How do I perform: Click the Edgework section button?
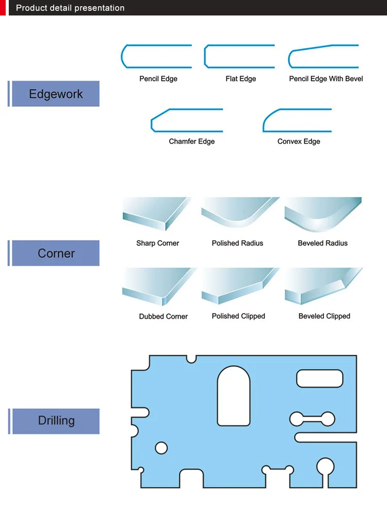coord(55,94)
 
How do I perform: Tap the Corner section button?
coord(55,253)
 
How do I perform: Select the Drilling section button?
coord(55,420)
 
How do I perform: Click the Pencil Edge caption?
coord(158,79)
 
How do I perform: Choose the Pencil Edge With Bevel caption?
coord(326,79)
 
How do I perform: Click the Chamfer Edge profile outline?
coord(186,120)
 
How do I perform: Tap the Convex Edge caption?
coord(298,141)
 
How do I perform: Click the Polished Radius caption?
coord(237,243)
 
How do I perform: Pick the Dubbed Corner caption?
coord(163,316)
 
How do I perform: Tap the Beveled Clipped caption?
coord(324,316)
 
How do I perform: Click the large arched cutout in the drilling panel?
coord(233,396)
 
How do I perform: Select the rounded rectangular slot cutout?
coord(319,379)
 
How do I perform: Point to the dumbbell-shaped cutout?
coord(312,418)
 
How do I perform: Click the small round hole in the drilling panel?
coord(161,448)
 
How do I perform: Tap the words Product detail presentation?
coord(70,8)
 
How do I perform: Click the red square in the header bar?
coord(3,8)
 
